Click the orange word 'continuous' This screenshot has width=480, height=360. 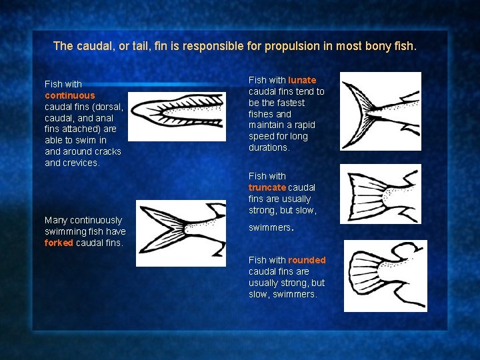tap(70, 95)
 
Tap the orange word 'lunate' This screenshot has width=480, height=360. tap(302, 80)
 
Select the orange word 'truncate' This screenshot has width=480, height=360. tap(267, 187)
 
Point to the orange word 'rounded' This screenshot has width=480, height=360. tap(307, 260)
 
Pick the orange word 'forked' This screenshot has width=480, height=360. tap(59, 243)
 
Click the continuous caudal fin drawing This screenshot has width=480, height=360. tap(177, 117)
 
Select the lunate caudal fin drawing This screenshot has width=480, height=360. tap(381, 111)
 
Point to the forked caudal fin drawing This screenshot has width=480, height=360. tap(181, 233)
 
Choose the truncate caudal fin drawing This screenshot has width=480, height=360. tap(381, 194)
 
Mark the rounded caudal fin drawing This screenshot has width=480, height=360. tap(385, 276)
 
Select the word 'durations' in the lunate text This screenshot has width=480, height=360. tap(268, 147)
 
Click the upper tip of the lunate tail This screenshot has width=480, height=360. tap(343, 83)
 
